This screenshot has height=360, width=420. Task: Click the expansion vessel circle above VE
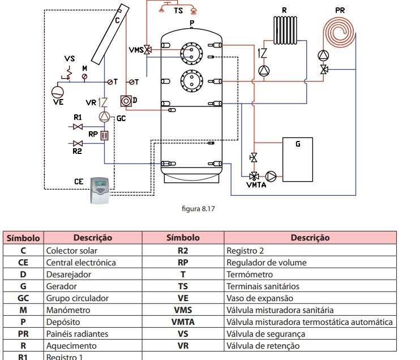coord(58,91)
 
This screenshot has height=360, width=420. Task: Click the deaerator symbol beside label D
coord(126,101)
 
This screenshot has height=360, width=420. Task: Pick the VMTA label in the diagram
coord(256,185)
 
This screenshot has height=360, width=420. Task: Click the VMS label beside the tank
coord(135,50)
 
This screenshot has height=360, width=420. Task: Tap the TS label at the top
coord(178,11)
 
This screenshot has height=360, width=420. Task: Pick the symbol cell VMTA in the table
coord(183,322)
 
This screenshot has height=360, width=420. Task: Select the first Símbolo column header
coord(23,238)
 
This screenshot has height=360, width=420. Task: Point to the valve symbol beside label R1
coord(87,126)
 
